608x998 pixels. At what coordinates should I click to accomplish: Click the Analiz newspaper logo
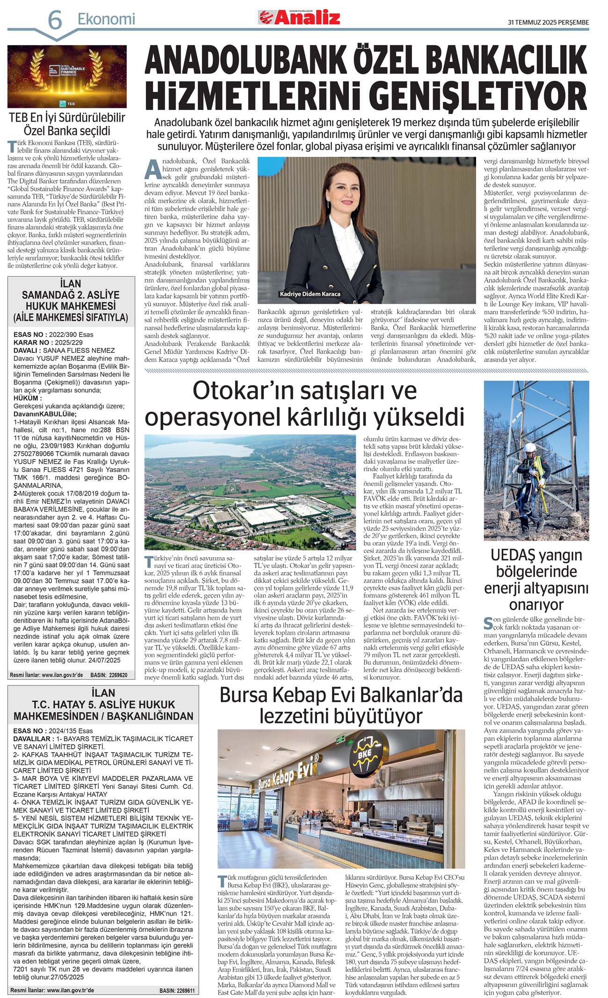299,18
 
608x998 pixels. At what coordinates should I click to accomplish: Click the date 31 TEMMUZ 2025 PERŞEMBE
548,22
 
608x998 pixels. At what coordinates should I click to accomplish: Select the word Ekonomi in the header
106,19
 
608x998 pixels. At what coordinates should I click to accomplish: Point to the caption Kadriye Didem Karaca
310,294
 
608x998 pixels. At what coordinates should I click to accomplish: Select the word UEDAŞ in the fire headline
513,555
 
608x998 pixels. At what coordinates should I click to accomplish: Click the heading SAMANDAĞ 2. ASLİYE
70,295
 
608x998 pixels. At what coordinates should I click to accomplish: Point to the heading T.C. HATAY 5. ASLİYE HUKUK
103,704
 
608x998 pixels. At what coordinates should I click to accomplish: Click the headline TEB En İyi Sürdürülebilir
67,118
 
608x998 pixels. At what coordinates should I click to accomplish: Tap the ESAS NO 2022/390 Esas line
53,334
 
